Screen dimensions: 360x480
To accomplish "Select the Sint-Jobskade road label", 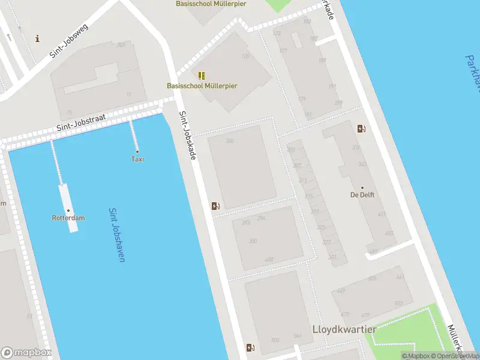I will click(188, 136).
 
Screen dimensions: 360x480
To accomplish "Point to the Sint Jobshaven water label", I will click(116, 235).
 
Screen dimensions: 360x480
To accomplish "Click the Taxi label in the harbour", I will click(137, 159).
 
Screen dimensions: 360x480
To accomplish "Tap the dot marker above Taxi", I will click(137, 151).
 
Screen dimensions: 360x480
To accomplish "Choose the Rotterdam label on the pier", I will click(68, 218).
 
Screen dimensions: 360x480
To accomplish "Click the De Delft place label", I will click(362, 195).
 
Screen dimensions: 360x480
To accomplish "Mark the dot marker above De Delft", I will click(362, 188).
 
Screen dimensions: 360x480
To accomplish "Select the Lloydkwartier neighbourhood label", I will click(344, 329).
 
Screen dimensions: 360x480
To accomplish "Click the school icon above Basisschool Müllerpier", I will click(202, 76).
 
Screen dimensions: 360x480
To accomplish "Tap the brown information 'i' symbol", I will click(38, 39).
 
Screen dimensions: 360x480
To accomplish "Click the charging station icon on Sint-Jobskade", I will click(215, 206).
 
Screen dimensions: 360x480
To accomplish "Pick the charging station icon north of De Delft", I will click(361, 128).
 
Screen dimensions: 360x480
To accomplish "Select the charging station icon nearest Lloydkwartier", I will click(250, 347).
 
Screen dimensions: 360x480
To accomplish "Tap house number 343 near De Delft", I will click(362, 164).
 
